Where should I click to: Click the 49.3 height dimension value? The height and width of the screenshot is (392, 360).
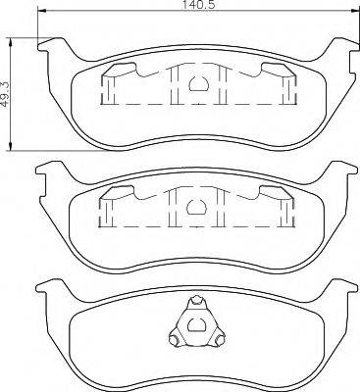[6, 94]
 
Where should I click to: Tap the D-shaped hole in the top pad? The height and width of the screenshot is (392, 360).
[197, 83]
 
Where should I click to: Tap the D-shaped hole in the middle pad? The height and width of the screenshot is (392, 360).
[195, 207]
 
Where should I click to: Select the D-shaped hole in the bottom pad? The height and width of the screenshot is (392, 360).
[195, 324]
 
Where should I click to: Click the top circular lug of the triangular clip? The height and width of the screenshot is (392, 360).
[196, 300]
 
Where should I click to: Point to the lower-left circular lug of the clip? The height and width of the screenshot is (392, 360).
[174, 339]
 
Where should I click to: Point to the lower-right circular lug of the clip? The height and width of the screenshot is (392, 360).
[220, 339]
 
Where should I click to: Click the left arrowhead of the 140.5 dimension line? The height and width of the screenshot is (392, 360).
[42, 12]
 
